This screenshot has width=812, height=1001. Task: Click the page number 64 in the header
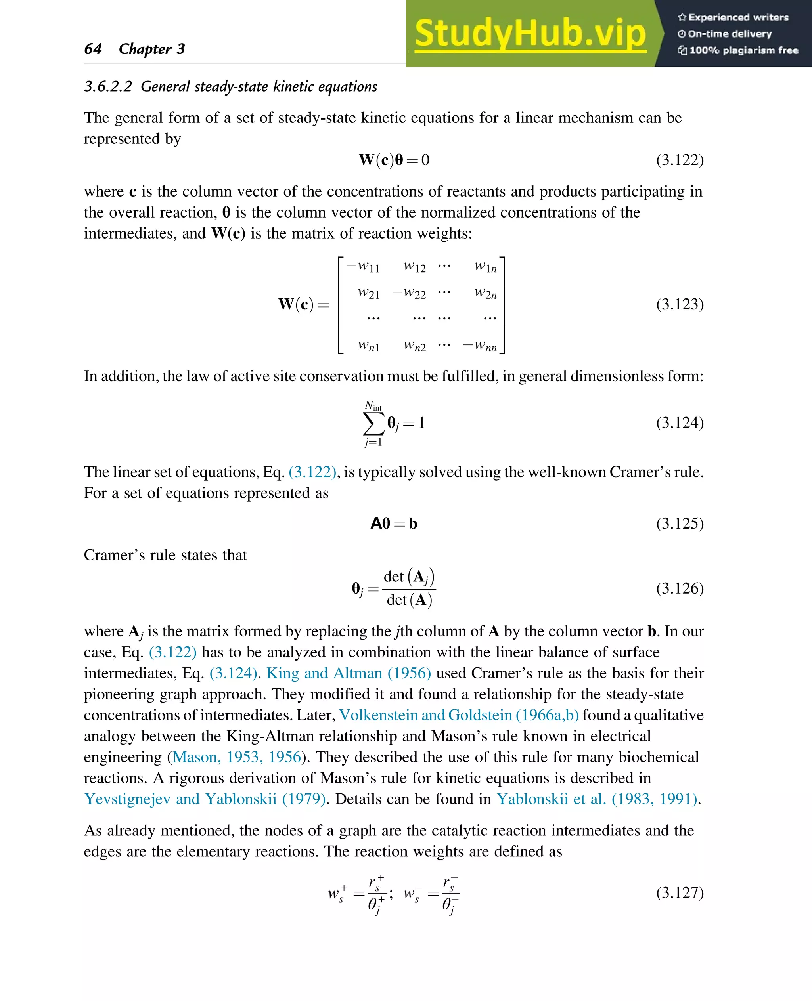93,49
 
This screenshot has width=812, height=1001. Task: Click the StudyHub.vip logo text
530,34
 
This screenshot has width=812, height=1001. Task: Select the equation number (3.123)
679,304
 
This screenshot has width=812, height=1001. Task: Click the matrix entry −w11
362,266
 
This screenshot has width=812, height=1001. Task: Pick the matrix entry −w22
409,293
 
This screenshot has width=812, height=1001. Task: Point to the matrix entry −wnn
479,346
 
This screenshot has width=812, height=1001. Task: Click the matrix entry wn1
368,346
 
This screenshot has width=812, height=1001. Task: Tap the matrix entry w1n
485,266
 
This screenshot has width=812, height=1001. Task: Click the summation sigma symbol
373,424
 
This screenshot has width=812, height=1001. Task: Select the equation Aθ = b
393,523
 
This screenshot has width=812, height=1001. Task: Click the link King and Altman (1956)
349,673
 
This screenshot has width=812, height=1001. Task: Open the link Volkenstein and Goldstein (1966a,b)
459,715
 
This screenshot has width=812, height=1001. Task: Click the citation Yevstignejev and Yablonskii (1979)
205,799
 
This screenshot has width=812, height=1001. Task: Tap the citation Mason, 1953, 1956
237,757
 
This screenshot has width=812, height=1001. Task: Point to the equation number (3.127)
679,892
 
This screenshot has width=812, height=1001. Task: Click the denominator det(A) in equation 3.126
409,600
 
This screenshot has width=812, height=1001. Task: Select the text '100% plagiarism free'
743,50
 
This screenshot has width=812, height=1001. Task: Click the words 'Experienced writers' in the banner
738,18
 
